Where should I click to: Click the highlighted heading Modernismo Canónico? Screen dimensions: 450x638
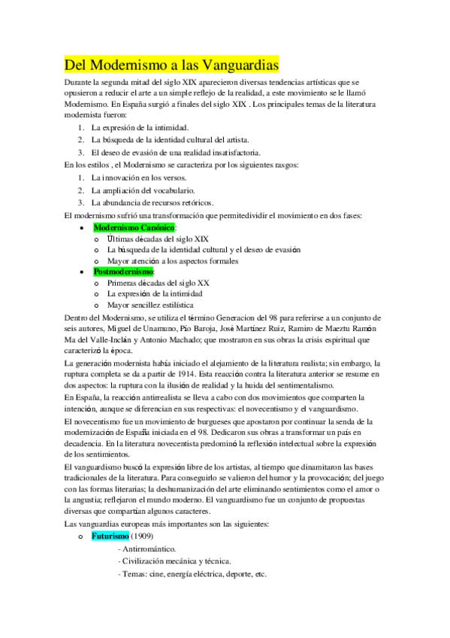pos(134,226)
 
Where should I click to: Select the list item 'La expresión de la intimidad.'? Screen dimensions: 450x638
pos(140,128)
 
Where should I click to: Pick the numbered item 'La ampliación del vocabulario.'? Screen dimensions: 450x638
pos(143,191)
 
